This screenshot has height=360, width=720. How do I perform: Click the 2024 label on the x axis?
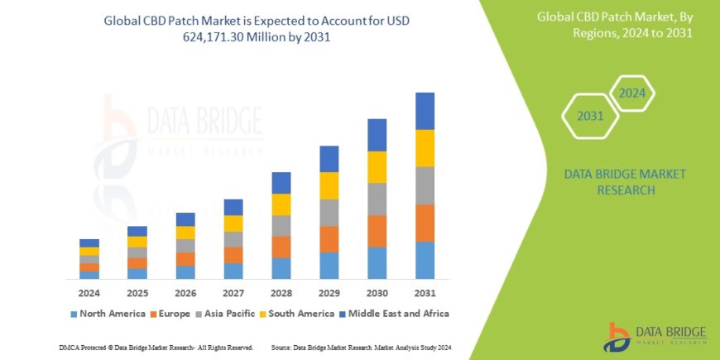tap(89, 293)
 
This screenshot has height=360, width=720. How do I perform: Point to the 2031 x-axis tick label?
tap(425, 293)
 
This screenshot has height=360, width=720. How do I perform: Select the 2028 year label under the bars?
tap(281, 293)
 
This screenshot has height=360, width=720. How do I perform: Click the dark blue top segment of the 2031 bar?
tap(425, 111)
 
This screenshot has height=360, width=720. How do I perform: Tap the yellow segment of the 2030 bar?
tap(377, 167)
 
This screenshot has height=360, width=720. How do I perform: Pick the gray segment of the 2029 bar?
tap(329, 213)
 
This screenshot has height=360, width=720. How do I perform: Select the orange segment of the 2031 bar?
tap(425, 223)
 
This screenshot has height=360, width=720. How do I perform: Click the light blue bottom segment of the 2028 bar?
tap(281, 268)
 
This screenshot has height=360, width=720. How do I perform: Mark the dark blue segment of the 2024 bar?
tap(89, 243)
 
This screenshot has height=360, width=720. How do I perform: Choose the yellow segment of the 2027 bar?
tap(233, 223)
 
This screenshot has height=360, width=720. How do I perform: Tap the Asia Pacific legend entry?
tap(225, 314)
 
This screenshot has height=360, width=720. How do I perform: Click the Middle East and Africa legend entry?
tap(392, 314)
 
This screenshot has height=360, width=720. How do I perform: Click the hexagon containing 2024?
tap(632, 93)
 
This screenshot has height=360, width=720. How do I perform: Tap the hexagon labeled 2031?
tap(590, 116)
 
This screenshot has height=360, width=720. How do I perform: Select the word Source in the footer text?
tap(283, 347)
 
